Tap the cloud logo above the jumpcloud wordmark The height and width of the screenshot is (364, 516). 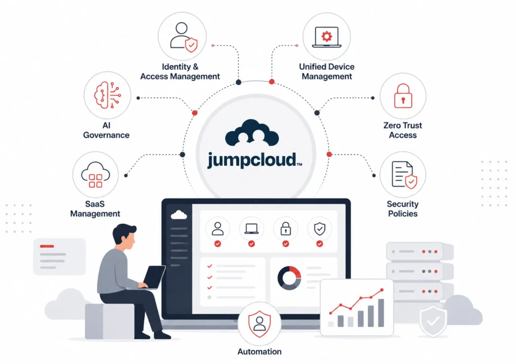[x=252, y=133]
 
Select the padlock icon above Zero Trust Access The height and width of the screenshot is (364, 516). [x=403, y=96]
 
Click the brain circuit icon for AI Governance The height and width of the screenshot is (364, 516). [x=107, y=95]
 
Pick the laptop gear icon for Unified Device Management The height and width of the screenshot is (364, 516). [x=327, y=37]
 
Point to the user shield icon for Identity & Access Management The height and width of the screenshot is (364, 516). [x=183, y=37]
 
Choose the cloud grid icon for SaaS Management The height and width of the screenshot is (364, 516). [x=95, y=175]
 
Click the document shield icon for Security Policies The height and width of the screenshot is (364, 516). [x=404, y=175]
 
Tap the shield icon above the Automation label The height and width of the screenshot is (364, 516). [x=260, y=324]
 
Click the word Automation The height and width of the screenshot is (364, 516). [x=260, y=351]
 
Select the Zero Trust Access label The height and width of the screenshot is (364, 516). [x=403, y=130]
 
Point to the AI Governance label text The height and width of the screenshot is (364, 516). [x=106, y=130]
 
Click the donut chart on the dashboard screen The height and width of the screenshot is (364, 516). [x=289, y=278]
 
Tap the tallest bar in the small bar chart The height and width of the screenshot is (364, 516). [x=381, y=313]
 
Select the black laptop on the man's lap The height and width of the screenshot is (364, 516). [x=153, y=277]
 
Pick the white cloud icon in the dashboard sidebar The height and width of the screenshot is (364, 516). [x=179, y=215]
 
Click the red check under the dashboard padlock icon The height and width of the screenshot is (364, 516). [x=286, y=244]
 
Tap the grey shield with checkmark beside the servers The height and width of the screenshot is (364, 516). [x=433, y=321]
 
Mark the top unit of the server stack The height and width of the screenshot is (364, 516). [x=420, y=252]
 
